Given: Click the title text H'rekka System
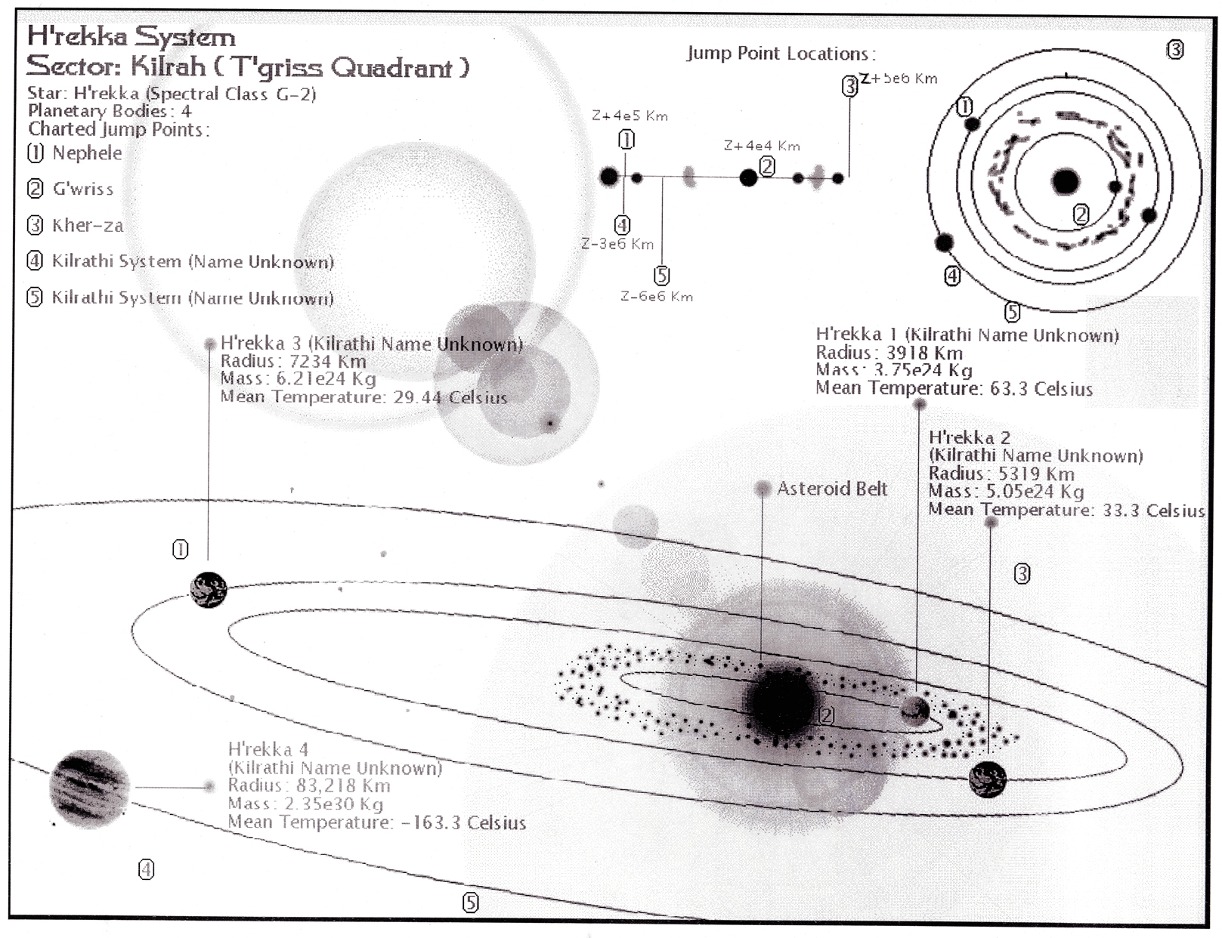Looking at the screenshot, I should coord(131,36).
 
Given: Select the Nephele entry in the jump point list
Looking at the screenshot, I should coord(86,153).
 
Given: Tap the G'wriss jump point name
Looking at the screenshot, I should coord(82,189).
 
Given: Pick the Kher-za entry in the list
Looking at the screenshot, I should coord(87,225).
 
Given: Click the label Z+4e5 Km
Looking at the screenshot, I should coord(630,116).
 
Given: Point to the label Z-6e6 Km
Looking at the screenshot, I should coord(656,297).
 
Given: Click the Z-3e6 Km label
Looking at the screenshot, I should coord(617,244).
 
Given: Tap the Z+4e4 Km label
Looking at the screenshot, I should coord(761,146).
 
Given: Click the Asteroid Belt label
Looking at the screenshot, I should coord(832,489).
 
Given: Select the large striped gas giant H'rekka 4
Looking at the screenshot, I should coord(89,789).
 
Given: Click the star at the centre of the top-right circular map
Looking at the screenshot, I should coord(1066,182).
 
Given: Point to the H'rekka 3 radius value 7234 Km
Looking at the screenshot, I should coord(327,362).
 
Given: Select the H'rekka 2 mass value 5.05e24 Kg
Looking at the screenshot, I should coord(1035,492).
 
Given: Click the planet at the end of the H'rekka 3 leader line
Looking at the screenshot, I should coord(209,590).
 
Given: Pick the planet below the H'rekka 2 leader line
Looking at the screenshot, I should coord(987,779).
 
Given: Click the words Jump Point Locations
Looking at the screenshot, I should coord(781,54).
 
